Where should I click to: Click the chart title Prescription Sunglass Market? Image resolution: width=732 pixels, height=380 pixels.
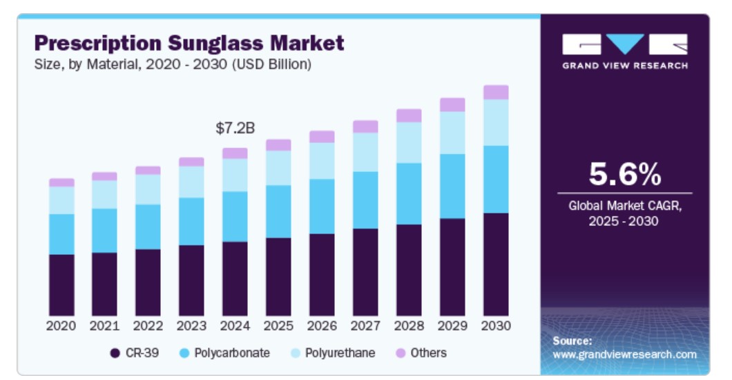pyautogui.click(x=189, y=44)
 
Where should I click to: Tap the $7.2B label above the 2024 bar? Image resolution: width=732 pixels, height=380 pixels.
pyautogui.click(x=235, y=128)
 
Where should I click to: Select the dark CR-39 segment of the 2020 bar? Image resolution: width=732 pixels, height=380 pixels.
pyautogui.click(x=61, y=285)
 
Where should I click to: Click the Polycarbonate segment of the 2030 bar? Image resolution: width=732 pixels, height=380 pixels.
pyautogui.click(x=496, y=179)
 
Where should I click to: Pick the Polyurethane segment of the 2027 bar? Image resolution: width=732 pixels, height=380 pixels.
pyautogui.click(x=365, y=152)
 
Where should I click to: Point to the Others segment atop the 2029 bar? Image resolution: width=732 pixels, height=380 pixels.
pyautogui.click(x=452, y=104)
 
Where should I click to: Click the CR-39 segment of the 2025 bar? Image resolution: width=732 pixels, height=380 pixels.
pyautogui.click(x=278, y=276)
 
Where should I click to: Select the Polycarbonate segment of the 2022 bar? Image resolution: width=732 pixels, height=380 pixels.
pyautogui.click(x=148, y=227)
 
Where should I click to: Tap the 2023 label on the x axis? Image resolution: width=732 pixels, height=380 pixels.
pyautogui.click(x=191, y=326)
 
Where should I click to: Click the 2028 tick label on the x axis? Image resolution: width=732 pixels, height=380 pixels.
pyautogui.click(x=409, y=326)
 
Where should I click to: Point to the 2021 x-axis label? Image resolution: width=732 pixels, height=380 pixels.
pyautogui.click(x=104, y=326)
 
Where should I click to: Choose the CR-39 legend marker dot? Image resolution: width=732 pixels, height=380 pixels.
pyautogui.click(x=115, y=353)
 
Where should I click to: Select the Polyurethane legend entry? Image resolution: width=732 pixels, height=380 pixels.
pyautogui.click(x=340, y=353)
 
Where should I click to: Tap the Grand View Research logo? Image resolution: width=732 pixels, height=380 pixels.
pyautogui.click(x=624, y=50)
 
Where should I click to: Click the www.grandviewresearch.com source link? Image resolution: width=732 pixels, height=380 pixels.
pyautogui.click(x=624, y=354)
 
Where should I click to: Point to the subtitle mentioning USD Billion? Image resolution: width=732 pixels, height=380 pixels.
pyautogui.click(x=173, y=65)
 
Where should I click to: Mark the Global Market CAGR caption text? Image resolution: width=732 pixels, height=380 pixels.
pyautogui.click(x=624, y=213)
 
